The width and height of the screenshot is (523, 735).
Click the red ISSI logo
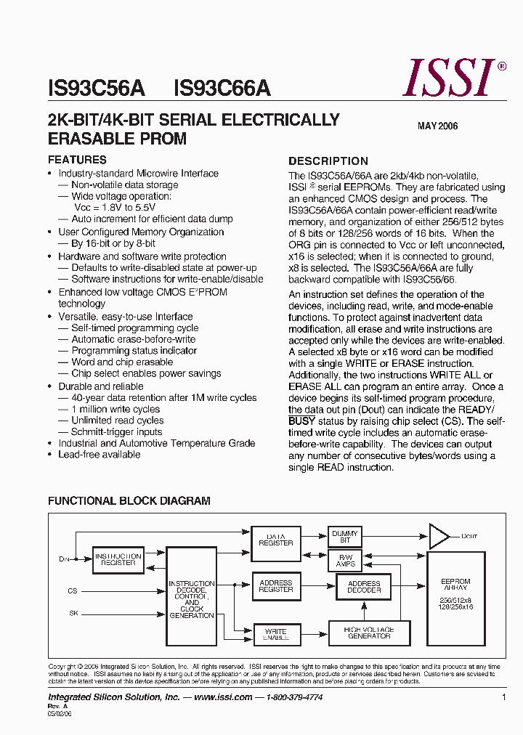[x=450, y=78]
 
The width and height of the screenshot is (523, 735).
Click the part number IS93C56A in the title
[x=97, y=89]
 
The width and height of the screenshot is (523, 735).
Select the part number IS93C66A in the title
[x=222, y=89]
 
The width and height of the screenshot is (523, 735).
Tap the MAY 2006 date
[x=437, y=126]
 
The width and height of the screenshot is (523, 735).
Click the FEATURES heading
[x=77, y=160]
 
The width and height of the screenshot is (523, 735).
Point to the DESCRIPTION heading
[x=328, y=161]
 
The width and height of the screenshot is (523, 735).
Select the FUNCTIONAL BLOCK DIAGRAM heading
[x=129, y=501]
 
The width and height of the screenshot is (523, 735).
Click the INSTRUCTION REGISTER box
[x=118, y=559]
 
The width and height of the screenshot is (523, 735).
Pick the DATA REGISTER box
[x=276, y=540]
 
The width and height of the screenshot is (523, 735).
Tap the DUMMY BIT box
[x=345, y=537]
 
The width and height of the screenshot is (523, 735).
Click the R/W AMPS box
[x=345, y=560]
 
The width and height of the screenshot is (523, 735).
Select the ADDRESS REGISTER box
[x=276, y=586]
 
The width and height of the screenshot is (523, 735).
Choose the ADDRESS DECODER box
[x=364, y=587]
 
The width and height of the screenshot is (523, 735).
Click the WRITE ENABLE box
[x=276, y=634]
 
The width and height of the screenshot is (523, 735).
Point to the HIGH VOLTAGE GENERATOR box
[x=369, y=633]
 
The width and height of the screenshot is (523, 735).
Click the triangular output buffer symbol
[x=439, y=536]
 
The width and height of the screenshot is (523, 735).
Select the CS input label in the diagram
[x=73, y=591]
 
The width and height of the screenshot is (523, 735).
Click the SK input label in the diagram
[x=73, y=614]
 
